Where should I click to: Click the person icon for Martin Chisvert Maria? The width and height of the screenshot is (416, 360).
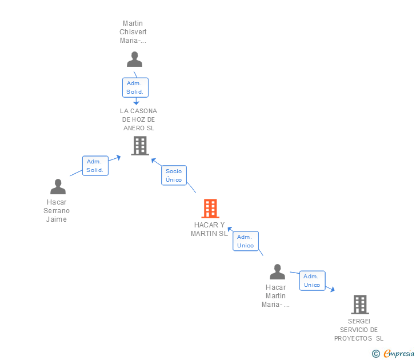134,59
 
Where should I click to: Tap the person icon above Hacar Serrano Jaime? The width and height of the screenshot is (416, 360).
58,187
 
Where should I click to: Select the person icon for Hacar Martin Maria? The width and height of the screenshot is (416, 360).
277,272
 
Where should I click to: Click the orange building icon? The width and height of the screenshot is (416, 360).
210,209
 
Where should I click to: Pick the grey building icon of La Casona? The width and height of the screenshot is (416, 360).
139,146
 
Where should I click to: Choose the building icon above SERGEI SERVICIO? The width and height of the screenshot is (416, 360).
359,304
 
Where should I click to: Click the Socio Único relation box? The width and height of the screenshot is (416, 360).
174,175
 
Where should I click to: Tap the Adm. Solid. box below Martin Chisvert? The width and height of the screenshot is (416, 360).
135,87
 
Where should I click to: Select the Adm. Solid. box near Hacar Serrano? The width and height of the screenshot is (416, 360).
95,166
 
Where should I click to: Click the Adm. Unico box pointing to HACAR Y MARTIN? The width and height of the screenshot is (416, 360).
246,241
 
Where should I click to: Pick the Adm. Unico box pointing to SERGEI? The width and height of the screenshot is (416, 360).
312,281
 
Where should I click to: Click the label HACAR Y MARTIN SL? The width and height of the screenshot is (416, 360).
210,229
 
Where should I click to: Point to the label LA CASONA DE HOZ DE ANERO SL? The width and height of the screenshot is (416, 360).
138,119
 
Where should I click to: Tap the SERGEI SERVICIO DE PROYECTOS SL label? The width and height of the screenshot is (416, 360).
359,330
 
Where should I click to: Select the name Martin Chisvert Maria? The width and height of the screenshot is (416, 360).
133,32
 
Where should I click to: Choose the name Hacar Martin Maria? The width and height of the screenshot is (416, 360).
275,296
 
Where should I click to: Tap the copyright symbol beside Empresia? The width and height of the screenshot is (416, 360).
375,354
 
